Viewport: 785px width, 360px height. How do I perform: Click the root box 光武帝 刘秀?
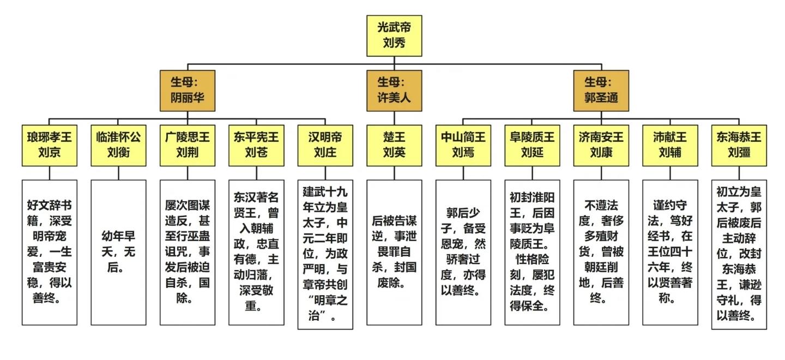pyautogui.click(x=394, y=35)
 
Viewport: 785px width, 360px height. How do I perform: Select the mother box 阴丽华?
pyautogui.click(x=188, y=91)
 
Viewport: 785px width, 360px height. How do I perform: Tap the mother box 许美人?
pyautogui.click(x=394, y=91)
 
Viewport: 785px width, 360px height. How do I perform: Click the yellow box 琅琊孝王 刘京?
pyautogui.click(x=49, y=145)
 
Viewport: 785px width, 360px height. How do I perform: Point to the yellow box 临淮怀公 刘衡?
pyautogui.click(x=118, y=145)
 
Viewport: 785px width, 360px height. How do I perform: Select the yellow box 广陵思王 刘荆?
pyautogui.click(x=188, y=145)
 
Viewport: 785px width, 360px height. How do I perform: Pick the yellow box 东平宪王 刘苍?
pyautogui.click(x=256, y=145)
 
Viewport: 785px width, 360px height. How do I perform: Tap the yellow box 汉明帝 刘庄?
pyautogui.click(x=325, y=145)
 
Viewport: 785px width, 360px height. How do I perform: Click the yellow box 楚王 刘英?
pyautogui.click(x=394, y=145)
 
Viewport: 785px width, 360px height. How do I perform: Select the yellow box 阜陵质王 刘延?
pyautogui.click(x=532, y=145)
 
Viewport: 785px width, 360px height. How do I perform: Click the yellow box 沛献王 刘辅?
pyautogui.click(x=670, y=145)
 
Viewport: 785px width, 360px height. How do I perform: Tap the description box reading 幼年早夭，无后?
pyautogui.click(x=118, y=252)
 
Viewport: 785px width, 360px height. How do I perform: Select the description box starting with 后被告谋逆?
pyautogui.click(x=394, y=252)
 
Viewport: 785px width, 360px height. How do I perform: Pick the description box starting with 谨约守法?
pyautogui.click(x=670, y=252)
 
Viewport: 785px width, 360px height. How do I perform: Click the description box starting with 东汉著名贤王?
pyautogui.click(x=256, y=252)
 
